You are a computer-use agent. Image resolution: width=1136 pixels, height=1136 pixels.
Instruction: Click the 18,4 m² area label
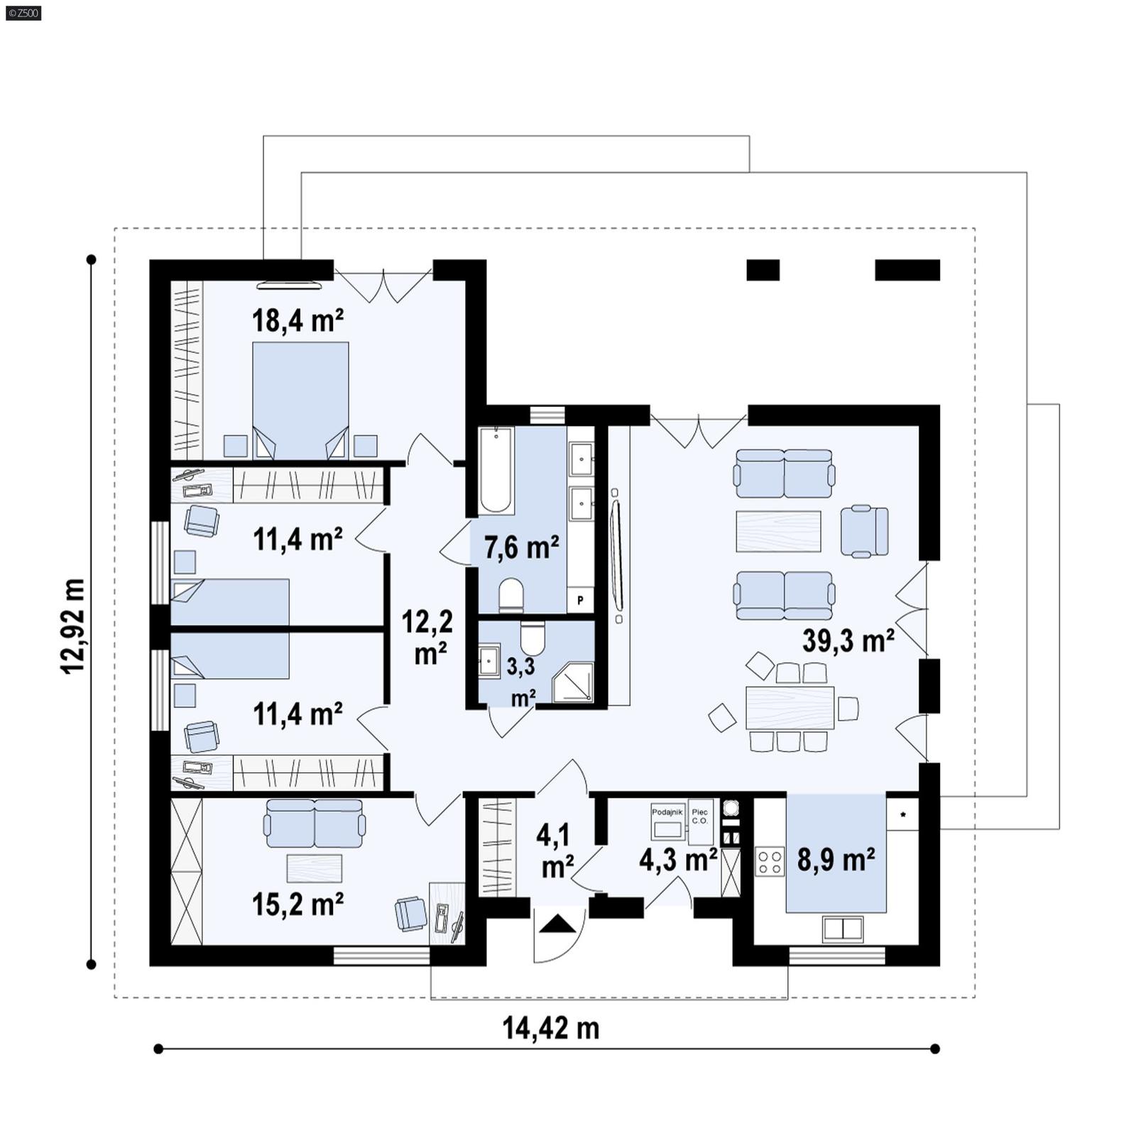298,321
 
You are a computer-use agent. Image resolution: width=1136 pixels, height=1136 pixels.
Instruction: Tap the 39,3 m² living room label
848,641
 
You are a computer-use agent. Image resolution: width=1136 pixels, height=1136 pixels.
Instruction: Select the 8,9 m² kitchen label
836,860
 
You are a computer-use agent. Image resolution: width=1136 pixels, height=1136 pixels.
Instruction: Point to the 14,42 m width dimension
551,1028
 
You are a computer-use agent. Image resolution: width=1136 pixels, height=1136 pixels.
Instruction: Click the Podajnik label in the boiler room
667,812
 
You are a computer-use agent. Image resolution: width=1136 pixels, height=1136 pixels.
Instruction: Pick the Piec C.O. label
699,816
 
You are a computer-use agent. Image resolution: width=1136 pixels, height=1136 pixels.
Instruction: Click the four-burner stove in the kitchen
770,861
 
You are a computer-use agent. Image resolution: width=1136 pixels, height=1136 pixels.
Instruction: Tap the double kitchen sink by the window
842,928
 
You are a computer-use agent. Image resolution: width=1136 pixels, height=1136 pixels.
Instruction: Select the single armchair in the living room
864,531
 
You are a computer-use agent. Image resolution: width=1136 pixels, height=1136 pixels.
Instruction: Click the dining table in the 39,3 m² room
790,707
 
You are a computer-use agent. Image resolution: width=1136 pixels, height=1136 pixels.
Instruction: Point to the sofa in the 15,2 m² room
314,824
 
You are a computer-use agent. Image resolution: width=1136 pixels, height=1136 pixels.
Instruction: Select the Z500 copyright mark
23,13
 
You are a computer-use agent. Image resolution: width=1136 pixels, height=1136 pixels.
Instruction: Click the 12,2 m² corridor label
427,637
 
